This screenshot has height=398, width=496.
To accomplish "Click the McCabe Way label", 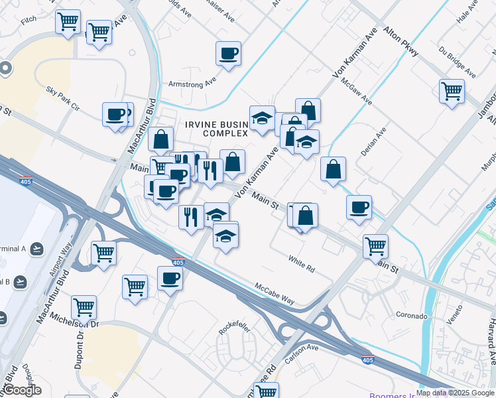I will click(x=275, y=293).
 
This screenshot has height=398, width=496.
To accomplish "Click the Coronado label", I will click(x=411, y=316).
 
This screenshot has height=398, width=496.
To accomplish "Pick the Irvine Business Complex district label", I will click(x=216, y=129).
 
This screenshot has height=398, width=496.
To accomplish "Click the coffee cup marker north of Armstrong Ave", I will click(x=228, y=54).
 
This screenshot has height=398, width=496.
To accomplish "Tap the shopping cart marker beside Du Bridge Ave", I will click(x=452, y=91).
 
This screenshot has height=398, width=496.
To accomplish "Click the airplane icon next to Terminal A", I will click(x=37, y=248).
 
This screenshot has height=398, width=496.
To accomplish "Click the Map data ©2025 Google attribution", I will click(x=454, y=393).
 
